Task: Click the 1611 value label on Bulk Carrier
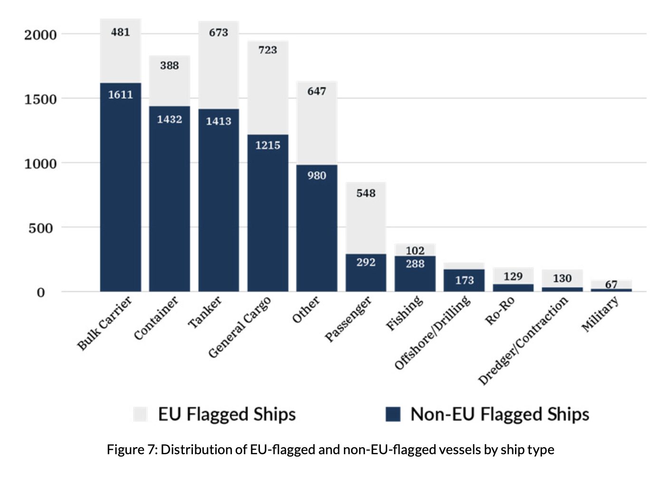point(120,95)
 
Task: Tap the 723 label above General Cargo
point(267,50)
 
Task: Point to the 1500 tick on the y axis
point(40,99)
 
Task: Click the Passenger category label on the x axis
point(348,319)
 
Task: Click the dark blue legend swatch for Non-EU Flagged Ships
point(393,414)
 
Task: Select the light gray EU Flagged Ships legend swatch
point(141,414)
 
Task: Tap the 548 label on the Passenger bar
point(366,193)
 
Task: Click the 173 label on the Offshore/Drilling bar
point(464,280)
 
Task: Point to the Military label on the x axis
point(600,314)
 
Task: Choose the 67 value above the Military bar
point(611,284)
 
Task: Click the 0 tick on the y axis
point(41,293)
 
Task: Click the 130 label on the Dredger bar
point(562,278)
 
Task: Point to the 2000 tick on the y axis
point(40,35)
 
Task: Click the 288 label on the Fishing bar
point(415,264)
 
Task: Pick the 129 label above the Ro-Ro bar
point(513,277)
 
